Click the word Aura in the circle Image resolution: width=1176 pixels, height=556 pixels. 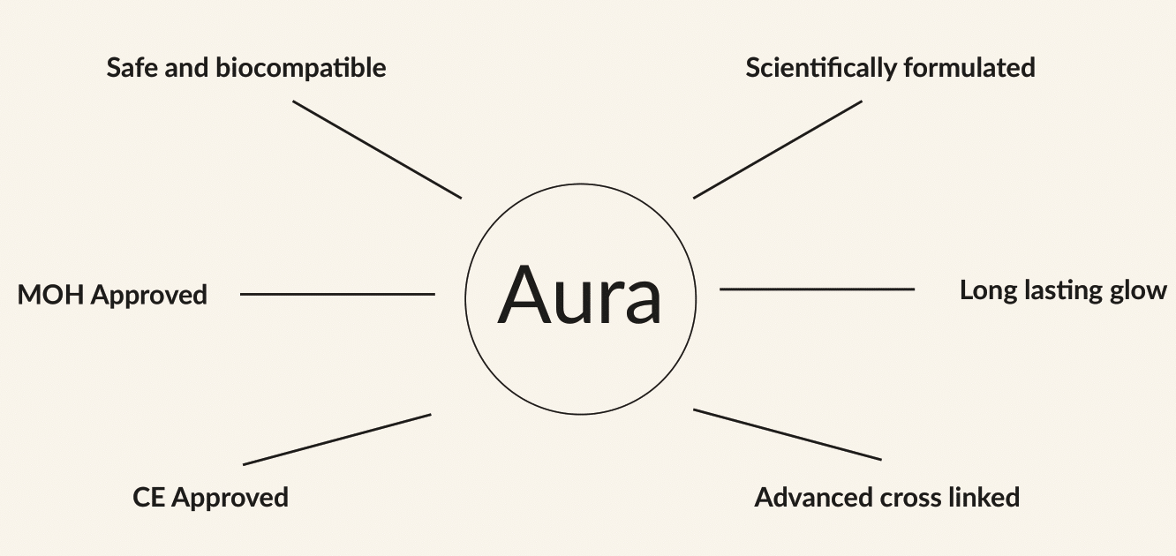point(580,294)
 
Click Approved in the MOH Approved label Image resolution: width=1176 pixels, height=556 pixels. point(148,296)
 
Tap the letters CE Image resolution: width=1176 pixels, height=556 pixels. point(149,498)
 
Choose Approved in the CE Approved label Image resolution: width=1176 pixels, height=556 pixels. point(230,499)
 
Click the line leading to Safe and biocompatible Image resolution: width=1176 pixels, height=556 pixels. point(377,149)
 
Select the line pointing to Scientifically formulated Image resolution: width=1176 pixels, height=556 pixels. point(778,149)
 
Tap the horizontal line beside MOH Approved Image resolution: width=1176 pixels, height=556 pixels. point(337,294)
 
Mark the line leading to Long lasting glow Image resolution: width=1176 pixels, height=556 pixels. point(818,289)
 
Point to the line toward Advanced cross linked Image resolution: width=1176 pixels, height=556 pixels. point(788,434)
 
